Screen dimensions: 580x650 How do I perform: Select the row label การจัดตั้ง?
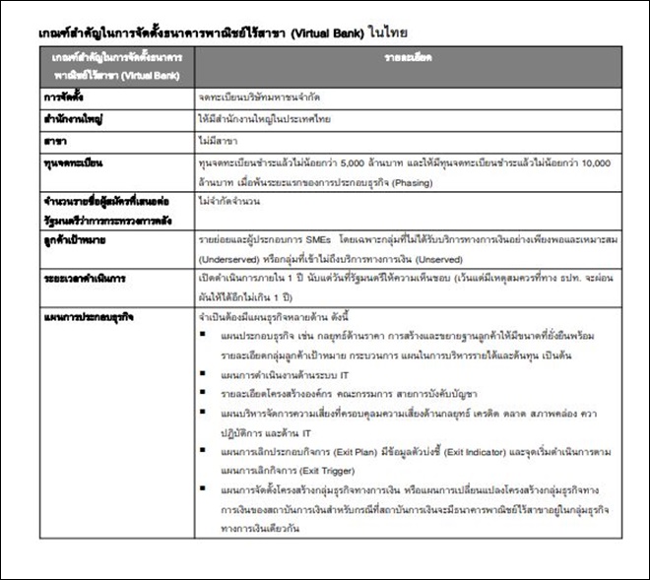(61, 97)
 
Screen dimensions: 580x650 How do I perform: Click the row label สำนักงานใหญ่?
(67, 119)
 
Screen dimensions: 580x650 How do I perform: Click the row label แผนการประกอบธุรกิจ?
(80, 317)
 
